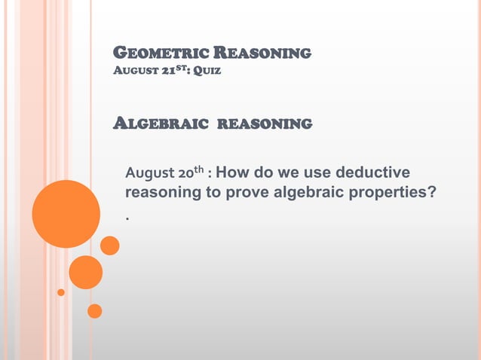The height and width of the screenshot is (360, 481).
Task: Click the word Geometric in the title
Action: tap(149, 53)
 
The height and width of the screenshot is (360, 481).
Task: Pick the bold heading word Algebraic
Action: tap(159, 123)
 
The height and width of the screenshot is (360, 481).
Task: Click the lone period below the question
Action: tap(128, 218)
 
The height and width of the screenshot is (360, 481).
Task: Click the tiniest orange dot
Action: tap(61, 292)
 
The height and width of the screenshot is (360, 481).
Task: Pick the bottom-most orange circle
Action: tap(94, 310)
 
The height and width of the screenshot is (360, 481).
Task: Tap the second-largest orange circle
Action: tap(85, 272)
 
